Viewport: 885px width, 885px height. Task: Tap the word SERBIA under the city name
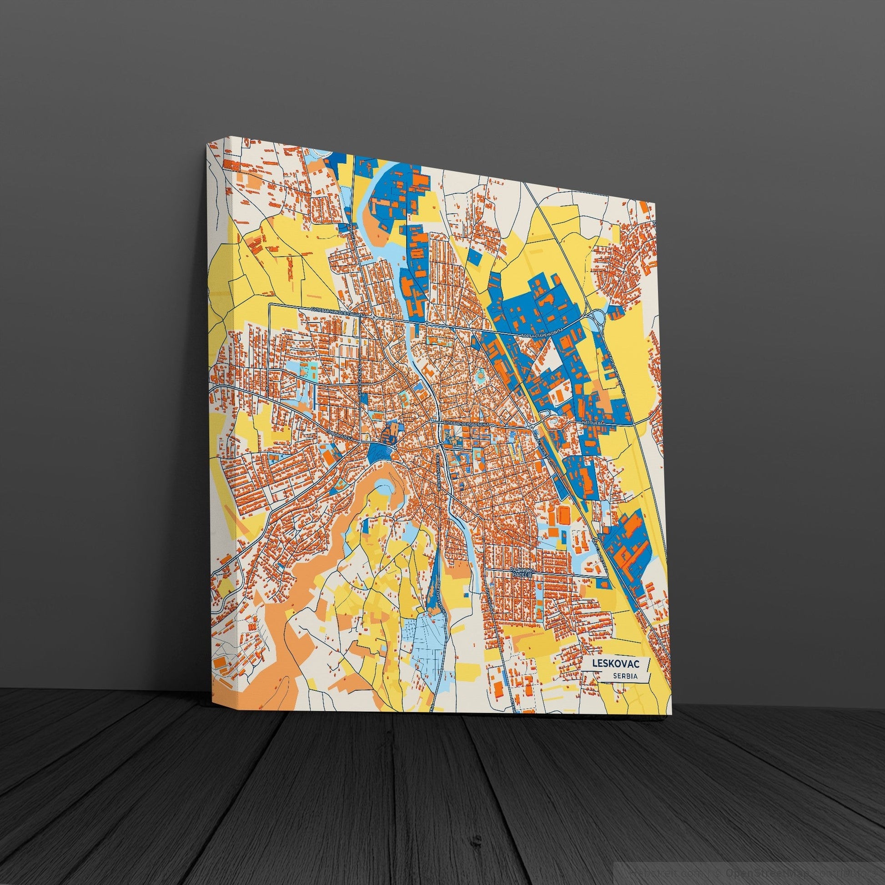coord(626,676)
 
